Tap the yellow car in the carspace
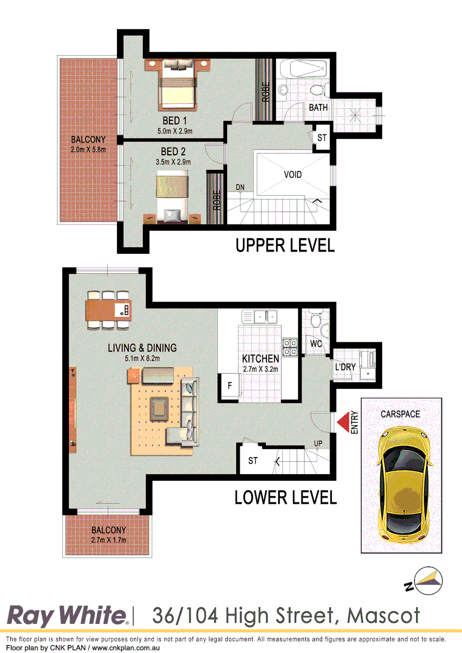(x=401, y=484)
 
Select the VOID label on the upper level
(x=292, y=174)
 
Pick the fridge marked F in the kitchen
(x=230, y=385)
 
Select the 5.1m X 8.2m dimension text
(x=142, y=359)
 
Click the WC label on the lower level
(x=315, y=343)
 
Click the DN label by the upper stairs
(x=240, y=187)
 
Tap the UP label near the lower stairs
(x=318, y=444)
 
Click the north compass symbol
(x=421, y=580)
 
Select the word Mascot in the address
(x=383, y=616)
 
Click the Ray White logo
(x=67, y=616)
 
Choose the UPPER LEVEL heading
(x=285, y=245)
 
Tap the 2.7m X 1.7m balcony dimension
(x=109, y=539)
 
